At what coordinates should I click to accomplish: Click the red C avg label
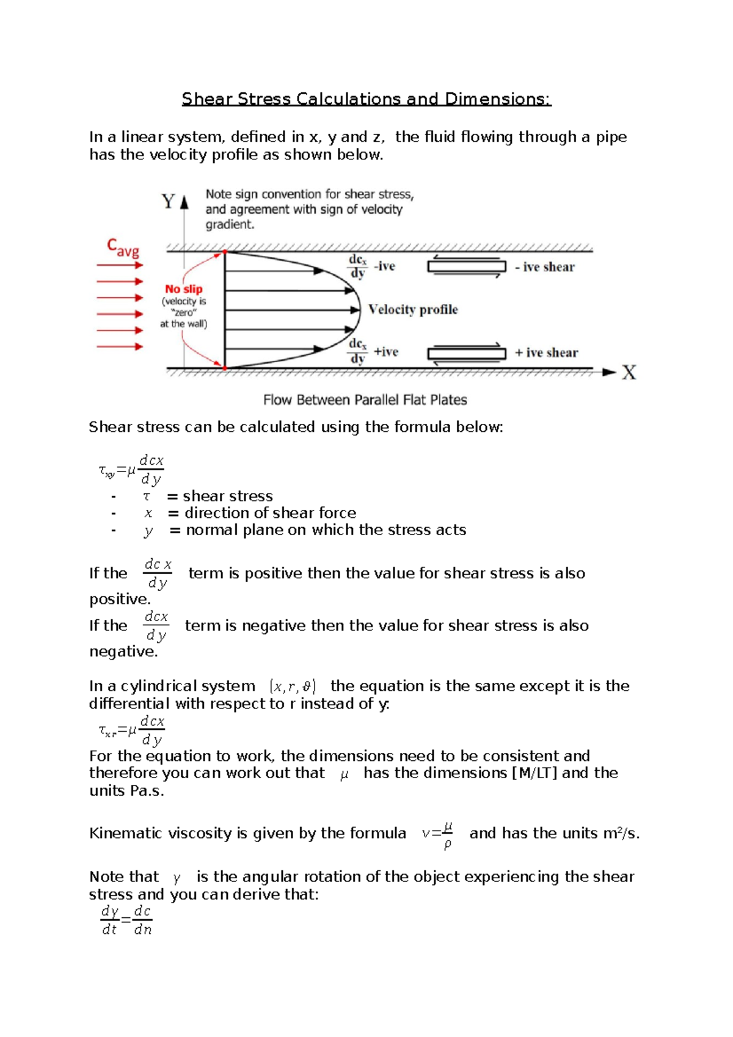pos(123,247)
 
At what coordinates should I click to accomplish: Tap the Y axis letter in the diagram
pos(168,202)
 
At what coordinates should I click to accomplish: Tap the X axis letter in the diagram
pos(629,373)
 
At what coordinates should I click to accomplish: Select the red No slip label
pos(183,289)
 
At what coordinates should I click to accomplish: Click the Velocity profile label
pos(413,310)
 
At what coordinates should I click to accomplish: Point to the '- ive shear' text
pos(544,267)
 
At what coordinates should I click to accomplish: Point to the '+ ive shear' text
pos(545,352)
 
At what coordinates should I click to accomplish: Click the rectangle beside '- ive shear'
pos(467,267)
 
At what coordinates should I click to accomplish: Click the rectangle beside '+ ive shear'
pos(467,354)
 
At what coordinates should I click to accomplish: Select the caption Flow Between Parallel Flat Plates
pos(365,400)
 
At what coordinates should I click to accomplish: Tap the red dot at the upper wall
pos(225,252)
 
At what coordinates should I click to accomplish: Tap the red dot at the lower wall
pos(225,368)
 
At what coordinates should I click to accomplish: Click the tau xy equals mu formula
pos(131,470)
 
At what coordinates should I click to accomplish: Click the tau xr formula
pos(131,730)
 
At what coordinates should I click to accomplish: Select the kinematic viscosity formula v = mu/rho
pos(437,835)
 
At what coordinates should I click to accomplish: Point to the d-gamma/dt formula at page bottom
pos(126,920)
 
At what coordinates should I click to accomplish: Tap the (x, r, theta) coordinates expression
pos(293,686)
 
